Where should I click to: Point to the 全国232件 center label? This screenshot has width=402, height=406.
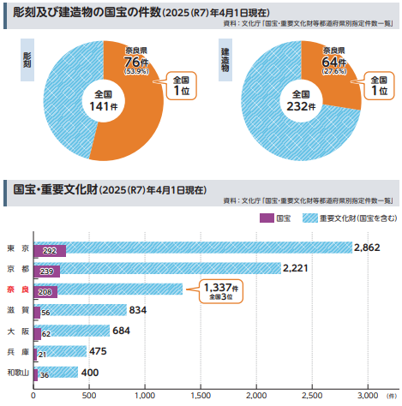pyautogui.click(x=301, y=101)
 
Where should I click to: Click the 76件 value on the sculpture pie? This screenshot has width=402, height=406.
pyautogui.click(x=135, y=61)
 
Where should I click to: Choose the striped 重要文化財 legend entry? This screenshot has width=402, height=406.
pyautogui.click(x=343, y=218)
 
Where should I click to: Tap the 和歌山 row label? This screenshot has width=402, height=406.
pyautogui.click(x=17, y=372)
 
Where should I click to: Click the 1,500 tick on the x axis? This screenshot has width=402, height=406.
pyautogui.click(x=200, y=396)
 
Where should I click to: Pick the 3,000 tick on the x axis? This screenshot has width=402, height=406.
pyautogui.click(x=367, y=396)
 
